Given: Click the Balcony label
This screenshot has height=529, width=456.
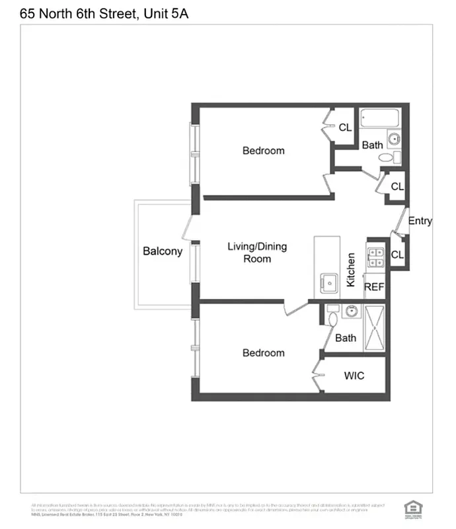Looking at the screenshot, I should pyautogui.click(x=163, y=251).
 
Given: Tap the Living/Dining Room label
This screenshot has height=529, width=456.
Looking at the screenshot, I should pyautogui.click(x=257, y=253).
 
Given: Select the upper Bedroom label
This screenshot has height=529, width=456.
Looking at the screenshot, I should pyautogui.click(x=263, y=151).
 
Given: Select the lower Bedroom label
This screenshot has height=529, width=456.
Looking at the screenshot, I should pyautogui.click(x=263, y=353).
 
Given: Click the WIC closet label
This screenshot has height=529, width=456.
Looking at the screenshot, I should pyautogui.click(x=354, y=376).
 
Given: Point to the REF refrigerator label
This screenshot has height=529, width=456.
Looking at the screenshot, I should pyautogui.click(x=374, y=287).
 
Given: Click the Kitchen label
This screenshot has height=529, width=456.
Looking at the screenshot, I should pyautogui.click(x=351, y=269).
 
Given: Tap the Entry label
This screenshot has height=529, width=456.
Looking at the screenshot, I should pyautogui.click(x=420, y=221).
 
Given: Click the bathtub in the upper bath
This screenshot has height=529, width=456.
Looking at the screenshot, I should pyautogui.click(x=379, y=120).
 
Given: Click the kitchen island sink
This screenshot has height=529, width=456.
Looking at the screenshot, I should pyautogui.click(x=328, y=282).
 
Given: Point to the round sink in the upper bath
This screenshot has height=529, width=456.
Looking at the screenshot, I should pyautogui.click(x=395, y=140).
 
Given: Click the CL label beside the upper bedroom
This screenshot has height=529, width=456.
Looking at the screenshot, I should pyautogui.click(x=345, y=128).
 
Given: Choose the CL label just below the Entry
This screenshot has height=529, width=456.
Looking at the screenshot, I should pyautogui.click(x=397, y=255).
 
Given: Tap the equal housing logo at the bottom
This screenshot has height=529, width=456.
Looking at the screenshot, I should pyautogui.click(x=412, y=507).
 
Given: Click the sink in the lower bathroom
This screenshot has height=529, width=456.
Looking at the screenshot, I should pyautogui.click(x=352, y=311).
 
